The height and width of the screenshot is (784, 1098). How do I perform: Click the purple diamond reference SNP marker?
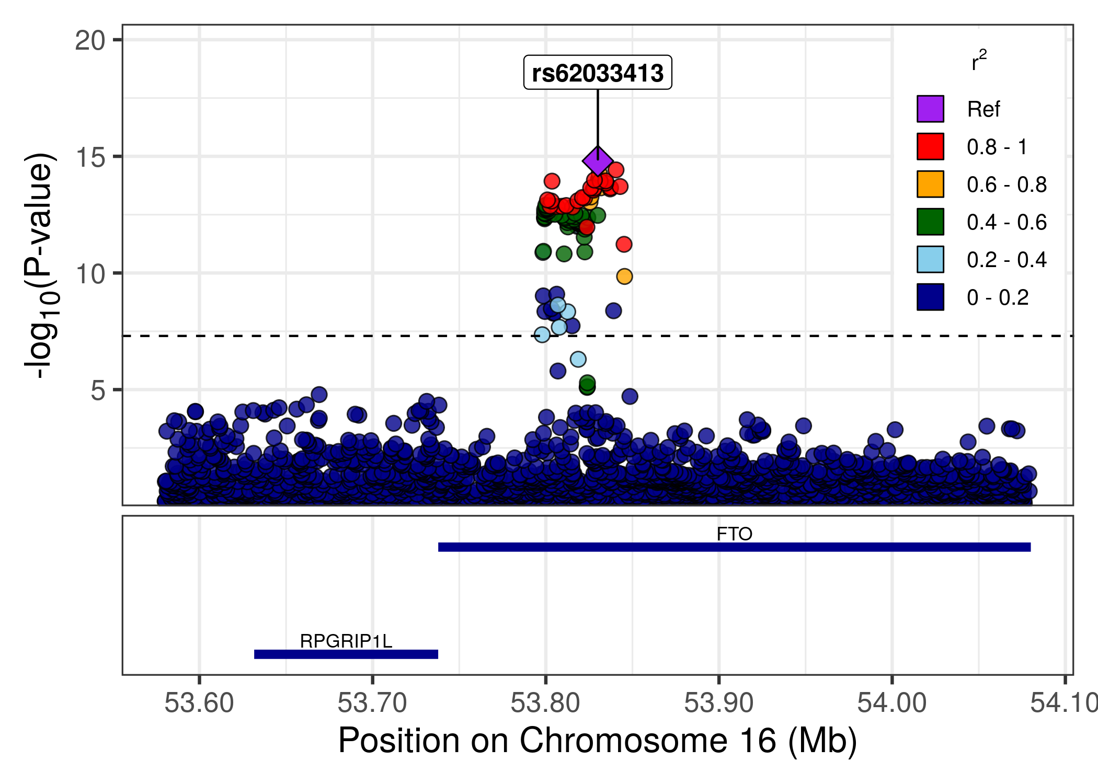(598, 161)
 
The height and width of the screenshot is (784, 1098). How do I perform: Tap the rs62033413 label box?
(598, 73)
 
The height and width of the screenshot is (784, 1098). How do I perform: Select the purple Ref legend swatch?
(930, 109)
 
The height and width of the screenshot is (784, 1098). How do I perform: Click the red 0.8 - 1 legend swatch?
(930, 146)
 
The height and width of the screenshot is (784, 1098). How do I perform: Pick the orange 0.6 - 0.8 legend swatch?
(930, 184)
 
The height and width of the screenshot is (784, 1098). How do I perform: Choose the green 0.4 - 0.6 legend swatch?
(930, 222)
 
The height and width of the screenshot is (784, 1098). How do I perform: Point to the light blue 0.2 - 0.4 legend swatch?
(930, 259)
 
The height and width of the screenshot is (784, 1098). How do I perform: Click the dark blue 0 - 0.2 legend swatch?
(930, 297)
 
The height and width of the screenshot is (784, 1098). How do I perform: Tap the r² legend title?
(979, 62)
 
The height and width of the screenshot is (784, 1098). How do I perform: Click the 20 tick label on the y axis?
(90, 40)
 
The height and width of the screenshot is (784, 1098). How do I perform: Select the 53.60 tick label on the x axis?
(199, 703)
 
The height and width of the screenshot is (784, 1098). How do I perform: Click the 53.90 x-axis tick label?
(719, 703)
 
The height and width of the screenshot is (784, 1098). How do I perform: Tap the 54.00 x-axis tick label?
(892, 703)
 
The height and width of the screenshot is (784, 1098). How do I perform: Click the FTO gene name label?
(734, 534)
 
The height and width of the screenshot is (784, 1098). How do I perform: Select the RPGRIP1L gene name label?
(346, 641)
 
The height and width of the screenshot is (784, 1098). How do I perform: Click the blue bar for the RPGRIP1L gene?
(346, 654)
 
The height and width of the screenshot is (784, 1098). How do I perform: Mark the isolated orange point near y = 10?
(624, 276)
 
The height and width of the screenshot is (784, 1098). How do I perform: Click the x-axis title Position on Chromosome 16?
(598, 741)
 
